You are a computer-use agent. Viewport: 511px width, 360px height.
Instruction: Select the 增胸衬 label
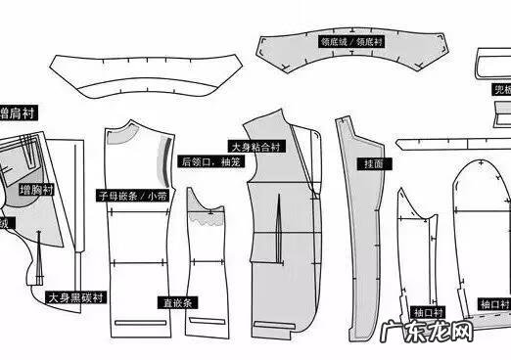tap(38, 189)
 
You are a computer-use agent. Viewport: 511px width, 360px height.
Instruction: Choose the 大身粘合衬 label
tap(255, 146)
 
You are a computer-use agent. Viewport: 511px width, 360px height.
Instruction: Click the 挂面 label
tap(373, 163)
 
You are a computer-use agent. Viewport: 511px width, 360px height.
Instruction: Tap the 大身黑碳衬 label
tap(77, 295)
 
